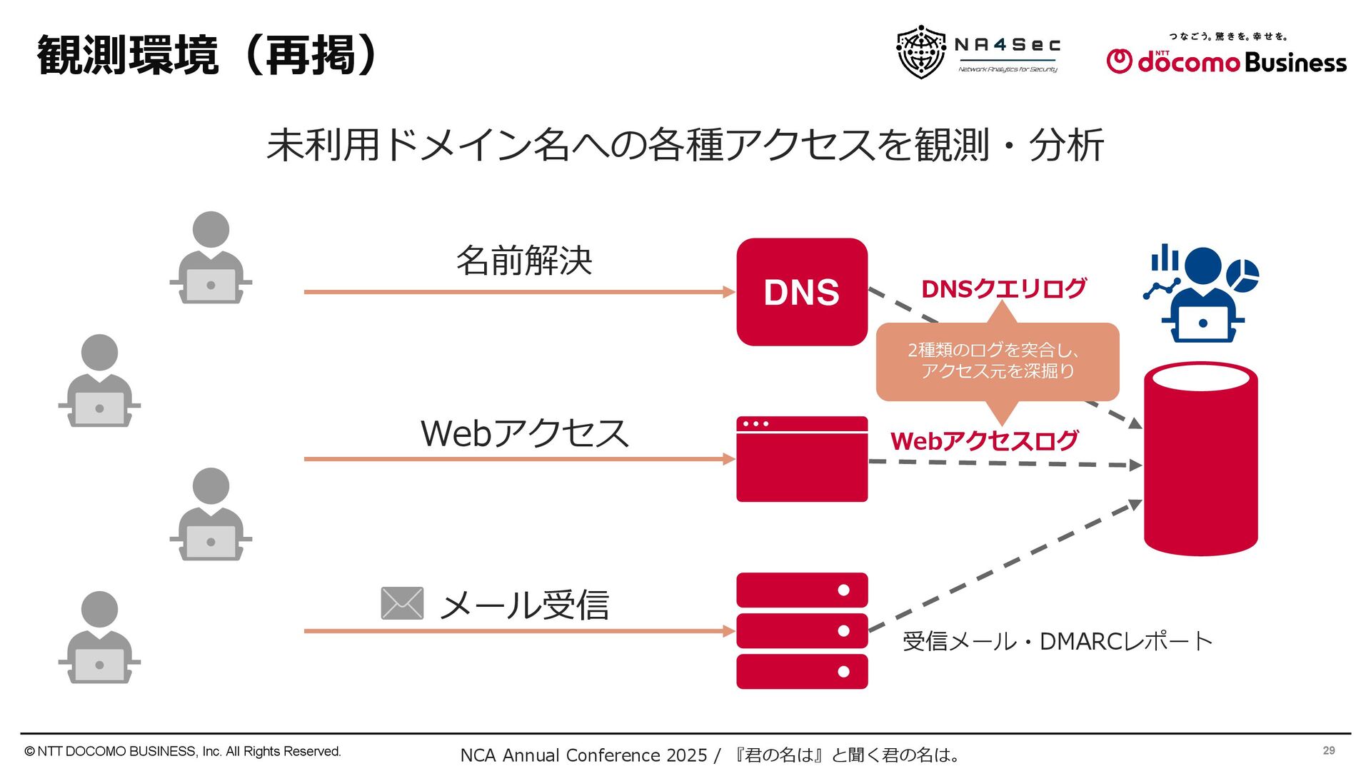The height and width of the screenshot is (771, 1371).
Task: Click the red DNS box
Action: tap(802, 292)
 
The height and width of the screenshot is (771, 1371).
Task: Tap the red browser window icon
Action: tap(802, 459)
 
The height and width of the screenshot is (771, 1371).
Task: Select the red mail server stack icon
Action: tap(802, 630)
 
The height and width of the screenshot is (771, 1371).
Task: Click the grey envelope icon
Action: tap(402, 603)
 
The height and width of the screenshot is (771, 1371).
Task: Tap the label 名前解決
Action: tap(524, 261)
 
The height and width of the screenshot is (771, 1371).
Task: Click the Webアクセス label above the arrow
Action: tap(524, 433)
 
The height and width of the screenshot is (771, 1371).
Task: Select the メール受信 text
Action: tap(524, 605)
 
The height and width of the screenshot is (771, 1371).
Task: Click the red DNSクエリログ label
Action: tap(1003, 288)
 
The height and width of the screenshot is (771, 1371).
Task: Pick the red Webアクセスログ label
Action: tap(984, 440)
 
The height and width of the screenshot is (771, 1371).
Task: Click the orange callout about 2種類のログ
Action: tap(997, 361)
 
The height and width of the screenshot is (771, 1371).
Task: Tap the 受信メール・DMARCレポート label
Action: tap(1057, 641)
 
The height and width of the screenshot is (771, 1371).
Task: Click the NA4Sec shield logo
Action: tap(920, 52)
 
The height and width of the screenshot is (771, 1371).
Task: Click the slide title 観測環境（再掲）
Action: tap(207, 56)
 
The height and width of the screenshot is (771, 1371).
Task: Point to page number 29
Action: tap(1328, 750)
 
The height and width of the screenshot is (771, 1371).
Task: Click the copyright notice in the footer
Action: tap(183, 751)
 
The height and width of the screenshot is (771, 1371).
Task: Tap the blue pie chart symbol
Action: tap(1242, 275)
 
